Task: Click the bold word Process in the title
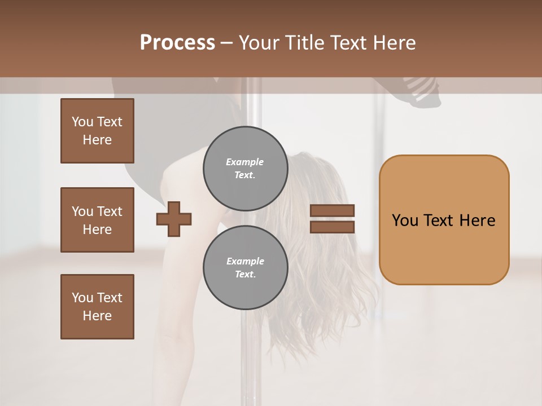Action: coord(177,42)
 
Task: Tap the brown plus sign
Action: coord(174,219)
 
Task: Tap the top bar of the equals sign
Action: coord(333,210)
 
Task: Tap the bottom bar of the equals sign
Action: coord(333,227)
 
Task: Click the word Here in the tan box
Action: coord(477,220)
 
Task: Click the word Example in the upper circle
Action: coord(244,162)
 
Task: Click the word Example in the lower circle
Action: coord(245,261)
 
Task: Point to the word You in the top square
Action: coord(82,122)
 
